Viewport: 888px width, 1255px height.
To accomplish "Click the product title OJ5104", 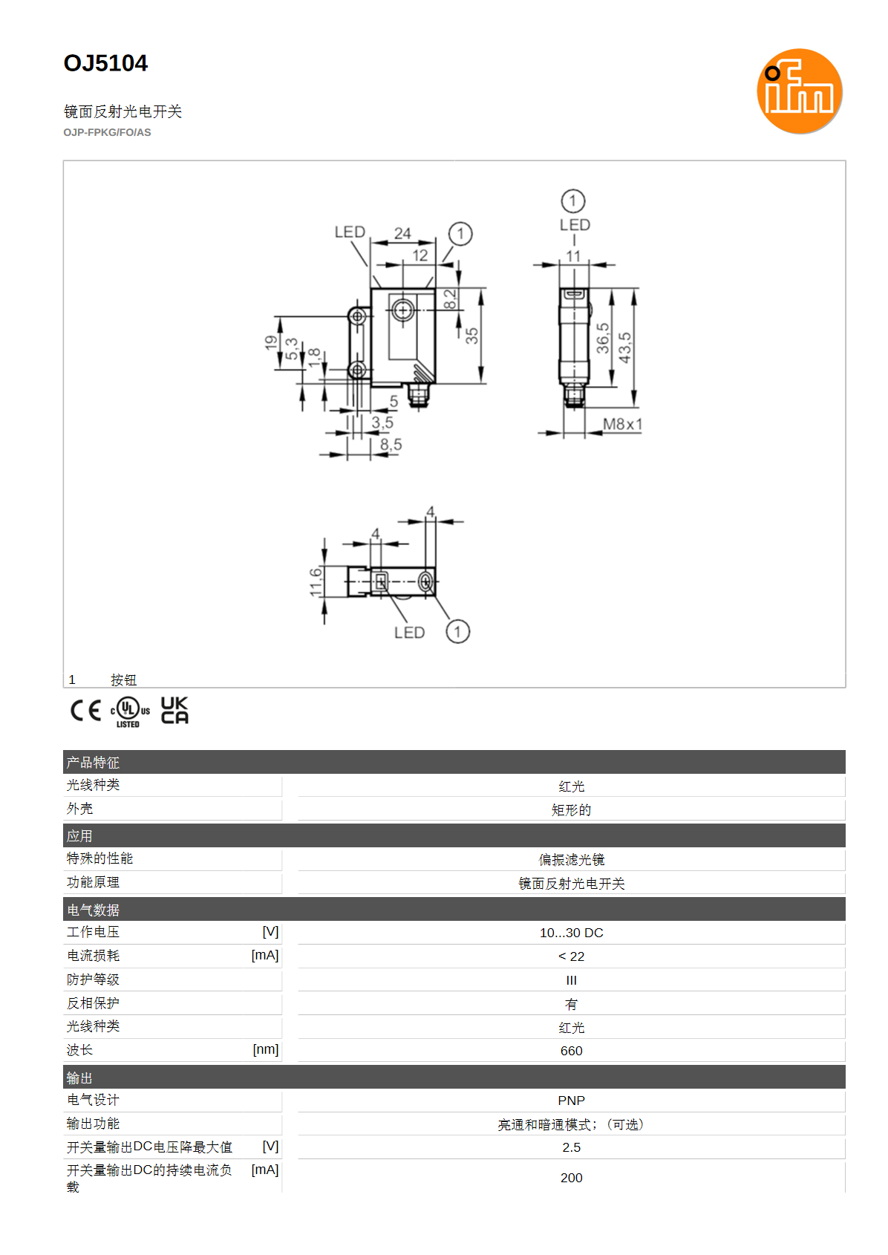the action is click(x=105, y=63).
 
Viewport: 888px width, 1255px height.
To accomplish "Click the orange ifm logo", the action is click(x=799, y=91).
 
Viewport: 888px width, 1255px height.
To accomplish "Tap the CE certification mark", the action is click(x=85, y=711).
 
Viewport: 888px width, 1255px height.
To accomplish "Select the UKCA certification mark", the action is click(x=174, y=710).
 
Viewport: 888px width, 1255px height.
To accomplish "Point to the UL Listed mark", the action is click(x=130, y=711).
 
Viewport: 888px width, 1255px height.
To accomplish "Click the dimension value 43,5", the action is click(x=624, y=347).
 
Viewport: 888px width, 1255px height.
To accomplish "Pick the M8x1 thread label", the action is click(x=622, y=424).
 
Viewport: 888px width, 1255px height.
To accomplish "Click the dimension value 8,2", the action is click(x=450, y=299).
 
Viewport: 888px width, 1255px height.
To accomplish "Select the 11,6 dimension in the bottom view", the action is click(x=316, y=581).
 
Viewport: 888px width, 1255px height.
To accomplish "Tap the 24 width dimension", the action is click(x=402, y=233).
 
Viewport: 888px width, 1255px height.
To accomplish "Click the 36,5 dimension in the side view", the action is click(x=602, y=338).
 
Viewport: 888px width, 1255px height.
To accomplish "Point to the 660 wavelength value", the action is click(x=572, y=1051).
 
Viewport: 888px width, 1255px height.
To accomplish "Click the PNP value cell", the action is click(x=572, y=1101).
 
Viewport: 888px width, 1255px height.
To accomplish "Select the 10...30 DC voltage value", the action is click(x=572, y=933).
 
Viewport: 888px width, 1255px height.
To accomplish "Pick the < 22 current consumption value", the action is click(x=572, y=956).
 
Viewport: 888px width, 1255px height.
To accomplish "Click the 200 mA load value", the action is click(x=572, y=1178).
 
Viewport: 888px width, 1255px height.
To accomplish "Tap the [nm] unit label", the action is click(x=266, y=1049).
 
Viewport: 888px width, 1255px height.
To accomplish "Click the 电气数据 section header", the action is click(x=93, y=910).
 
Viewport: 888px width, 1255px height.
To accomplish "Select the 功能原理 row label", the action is click(x=93, y=882).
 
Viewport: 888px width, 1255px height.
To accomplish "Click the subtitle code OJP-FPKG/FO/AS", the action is click(x=107, y=133).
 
